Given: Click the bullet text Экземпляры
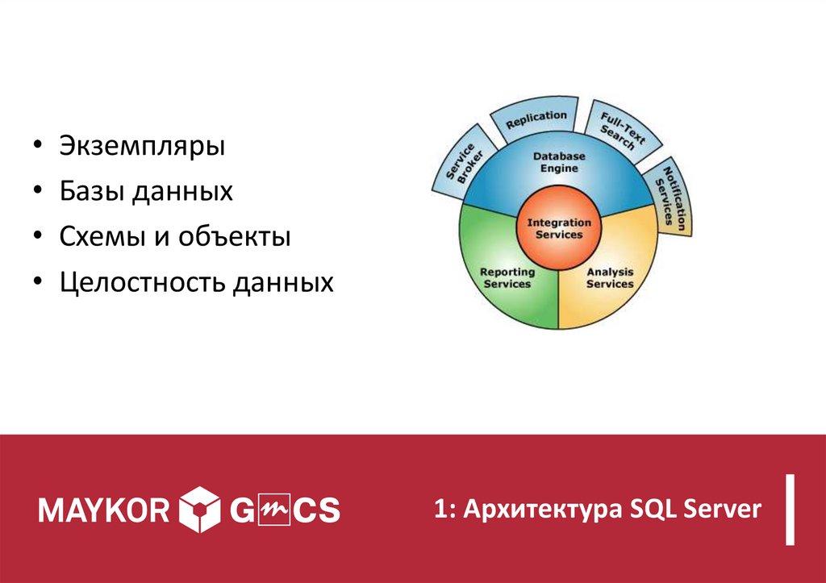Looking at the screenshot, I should pyautogui.click(x=141, y=148).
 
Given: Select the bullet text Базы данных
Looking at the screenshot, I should pyautogui.click(x=146, y=193).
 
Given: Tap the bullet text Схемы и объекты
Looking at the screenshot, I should pyautogui.click(x=174, y=238).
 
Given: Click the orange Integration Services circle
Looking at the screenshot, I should pyautogui.click(x=558, y=228).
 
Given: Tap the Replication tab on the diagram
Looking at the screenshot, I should pyautogui.click(x=536, y=119).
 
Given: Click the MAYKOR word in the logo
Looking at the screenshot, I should pyautogui.click(x=104, y=510).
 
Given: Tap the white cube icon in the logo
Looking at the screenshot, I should pyautogui.click(x=198, y=510).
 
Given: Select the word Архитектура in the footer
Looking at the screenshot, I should pyautogui.click(x=537, y=509).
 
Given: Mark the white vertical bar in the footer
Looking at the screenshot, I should pyautogui.click(x=791, y=510).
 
